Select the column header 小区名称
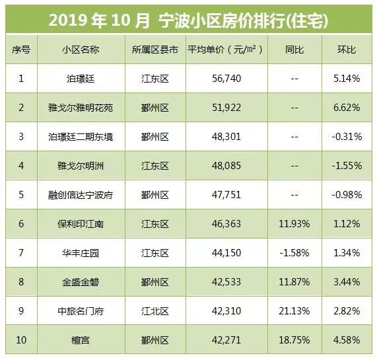point(81,51)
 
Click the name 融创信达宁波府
point(81,196)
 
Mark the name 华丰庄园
point(81,254)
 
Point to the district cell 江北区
point(155,312)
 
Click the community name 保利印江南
point(81,225)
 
